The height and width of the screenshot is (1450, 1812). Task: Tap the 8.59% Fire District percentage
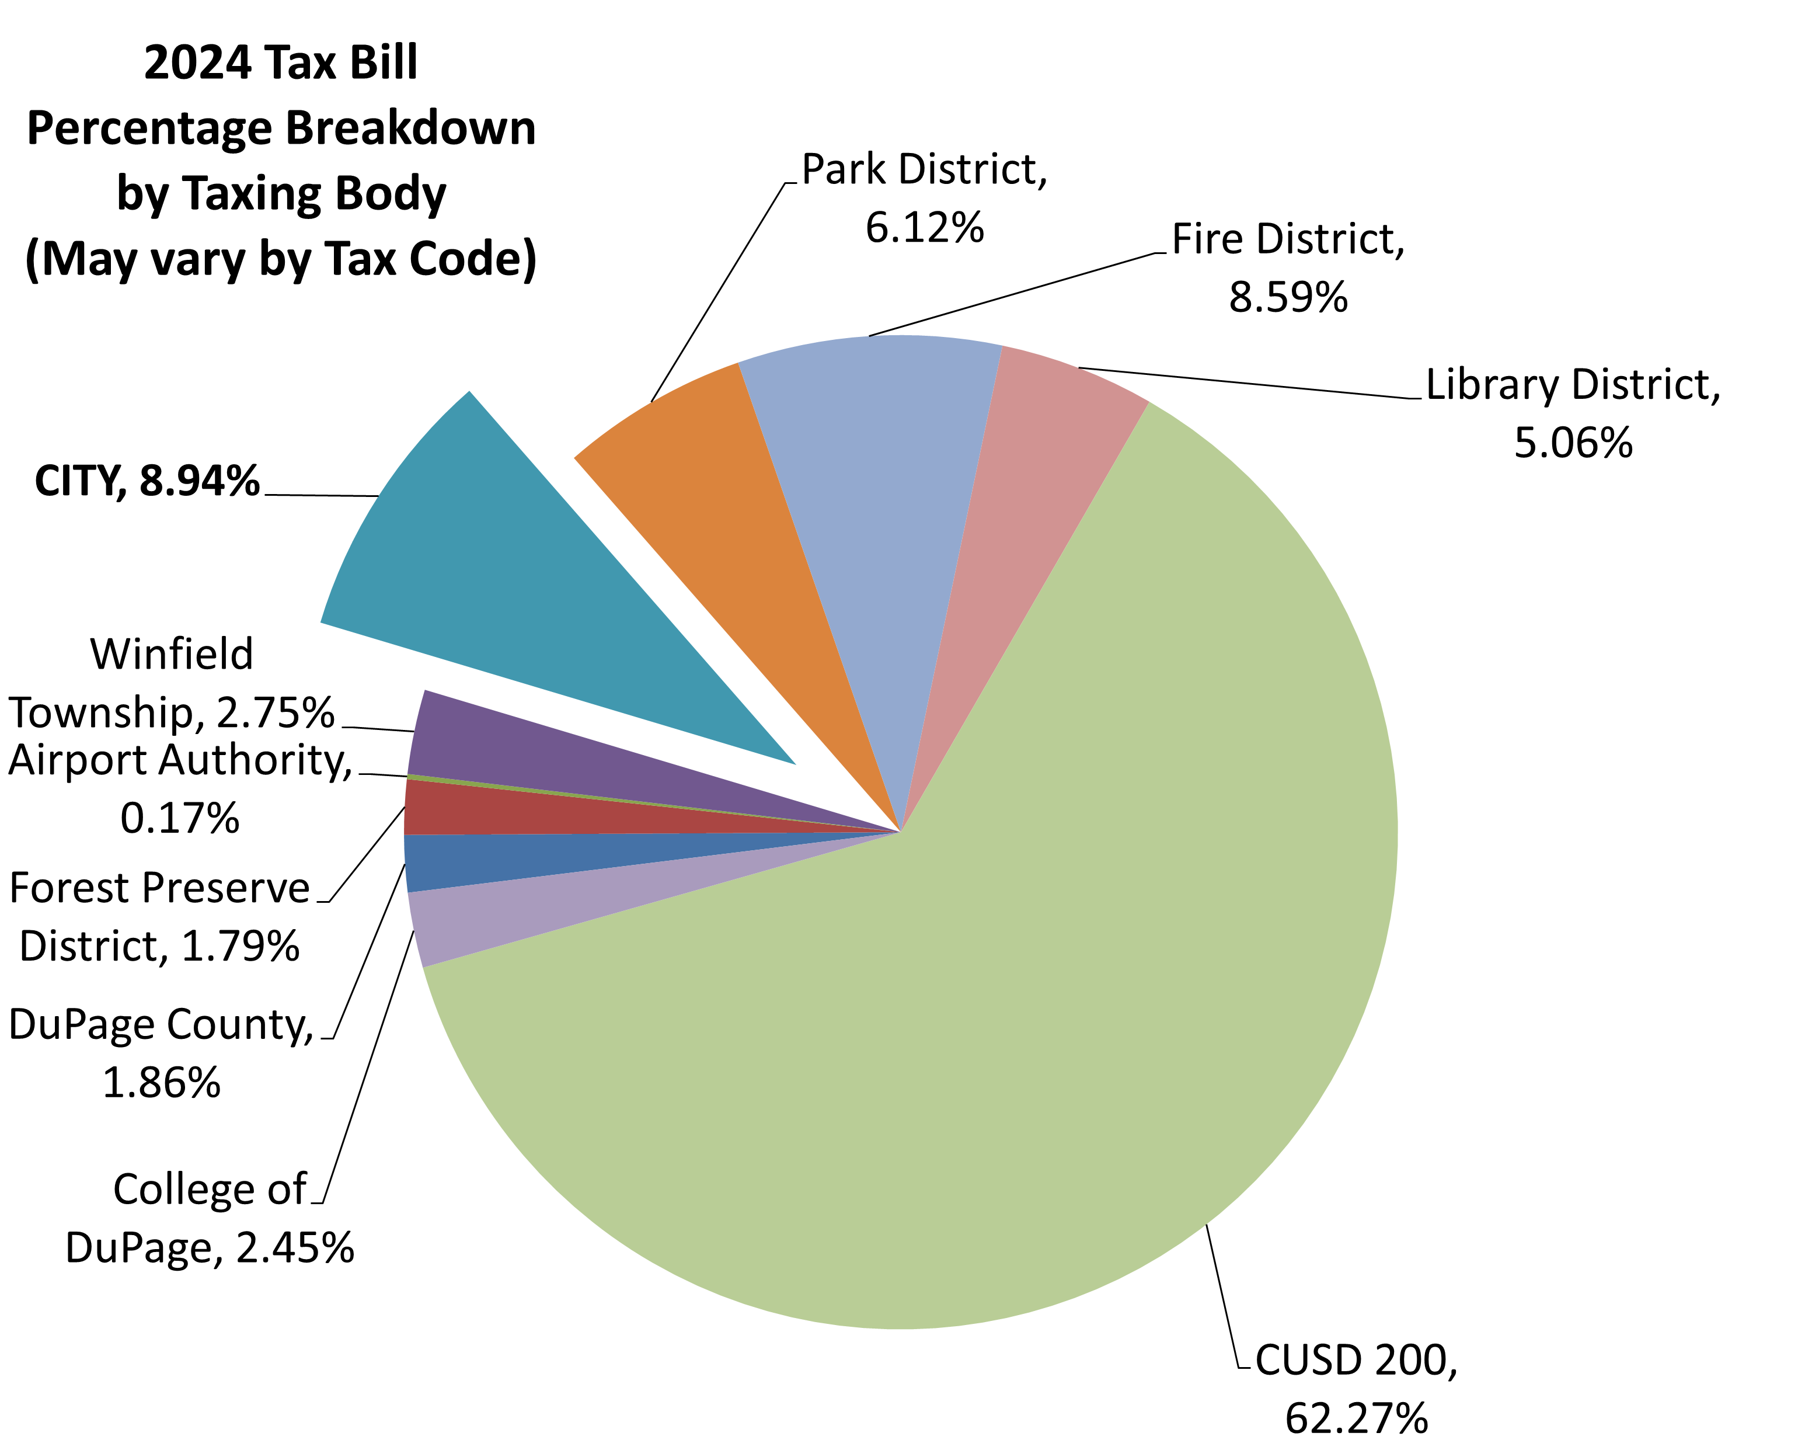pos(1288,297)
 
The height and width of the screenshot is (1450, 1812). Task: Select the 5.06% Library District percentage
pos(1573,442)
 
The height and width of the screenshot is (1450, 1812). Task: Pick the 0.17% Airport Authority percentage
pos(180,818)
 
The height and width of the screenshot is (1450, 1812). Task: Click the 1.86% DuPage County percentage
pos(161,1082)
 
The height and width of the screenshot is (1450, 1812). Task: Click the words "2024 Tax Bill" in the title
pos(281,63)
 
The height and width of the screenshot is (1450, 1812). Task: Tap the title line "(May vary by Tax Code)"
pos(281,259)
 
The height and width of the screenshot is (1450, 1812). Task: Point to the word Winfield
pos(172,654)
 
